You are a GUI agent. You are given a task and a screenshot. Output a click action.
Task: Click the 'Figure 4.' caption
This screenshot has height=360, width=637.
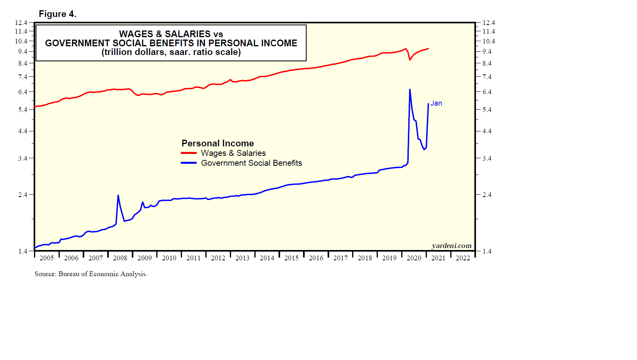click(57, 14)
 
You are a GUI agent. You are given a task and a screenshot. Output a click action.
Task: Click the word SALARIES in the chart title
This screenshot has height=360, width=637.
click(188, 34)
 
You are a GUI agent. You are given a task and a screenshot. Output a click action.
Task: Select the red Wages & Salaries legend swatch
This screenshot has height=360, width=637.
click(189, 153)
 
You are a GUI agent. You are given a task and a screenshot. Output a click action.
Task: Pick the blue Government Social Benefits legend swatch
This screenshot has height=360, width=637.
click(189, 163)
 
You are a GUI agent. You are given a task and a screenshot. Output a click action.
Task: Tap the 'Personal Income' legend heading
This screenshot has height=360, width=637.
click(218, 143)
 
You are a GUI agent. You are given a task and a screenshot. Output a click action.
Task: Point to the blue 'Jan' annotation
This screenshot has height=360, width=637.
click(436, 103)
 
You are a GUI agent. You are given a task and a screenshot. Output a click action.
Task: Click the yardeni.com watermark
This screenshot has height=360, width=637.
click(451, 246)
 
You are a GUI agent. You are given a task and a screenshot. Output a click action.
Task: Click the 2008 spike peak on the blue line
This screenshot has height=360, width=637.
click(118, 195)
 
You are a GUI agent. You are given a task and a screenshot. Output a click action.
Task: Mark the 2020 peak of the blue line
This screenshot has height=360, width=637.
click(409, 90)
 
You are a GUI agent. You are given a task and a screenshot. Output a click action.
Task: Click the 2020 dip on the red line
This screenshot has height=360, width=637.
click(410, 59)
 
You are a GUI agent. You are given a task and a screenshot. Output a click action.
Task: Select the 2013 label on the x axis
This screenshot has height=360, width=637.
click(242, 258)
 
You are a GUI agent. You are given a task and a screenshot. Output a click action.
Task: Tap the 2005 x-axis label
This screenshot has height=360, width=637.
click(47, 258)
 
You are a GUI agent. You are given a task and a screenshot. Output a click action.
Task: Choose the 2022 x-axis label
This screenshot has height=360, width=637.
click(463, 258)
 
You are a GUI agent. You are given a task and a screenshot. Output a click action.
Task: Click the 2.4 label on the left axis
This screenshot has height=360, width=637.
click(23, 195)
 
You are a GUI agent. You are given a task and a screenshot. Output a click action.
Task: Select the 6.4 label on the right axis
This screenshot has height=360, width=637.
click(487, 92)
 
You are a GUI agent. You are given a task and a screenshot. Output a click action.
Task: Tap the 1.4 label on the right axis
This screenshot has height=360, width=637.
click(487, 251)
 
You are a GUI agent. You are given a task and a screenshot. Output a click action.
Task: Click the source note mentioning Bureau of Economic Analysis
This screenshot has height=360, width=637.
click(91, 274)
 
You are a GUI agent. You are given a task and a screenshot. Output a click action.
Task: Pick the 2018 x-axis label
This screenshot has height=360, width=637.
click(365, 258)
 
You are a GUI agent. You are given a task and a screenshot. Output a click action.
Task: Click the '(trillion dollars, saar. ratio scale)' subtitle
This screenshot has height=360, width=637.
click(171, 52)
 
